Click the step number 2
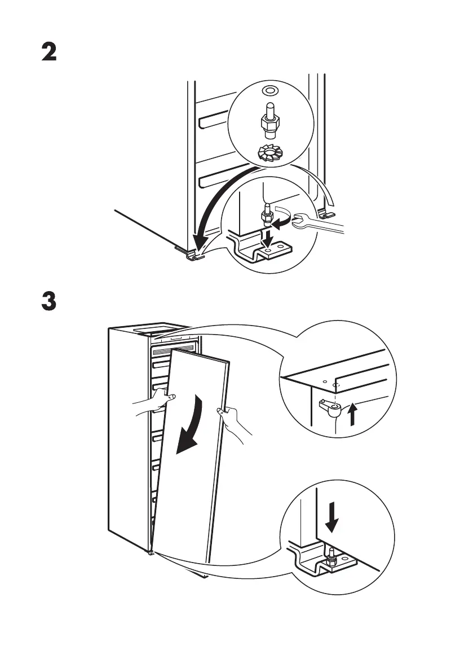tap(50, 53)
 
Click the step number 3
tap(50, 301)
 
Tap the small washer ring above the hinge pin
tap(269, 90)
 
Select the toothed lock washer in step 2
tap(269, 153)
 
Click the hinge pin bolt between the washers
tap(269, 120)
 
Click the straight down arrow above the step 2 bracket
tap(269, 235)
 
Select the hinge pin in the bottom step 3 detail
tap(333, 556)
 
